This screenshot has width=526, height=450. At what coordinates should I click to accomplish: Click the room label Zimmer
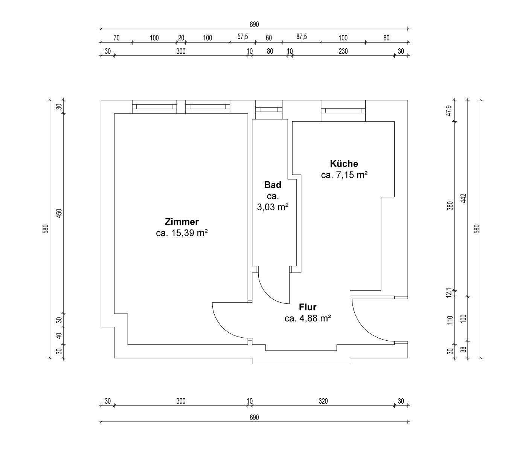181,222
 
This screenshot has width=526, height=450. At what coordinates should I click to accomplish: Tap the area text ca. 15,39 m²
182,233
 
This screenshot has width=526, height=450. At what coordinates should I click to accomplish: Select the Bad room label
273,185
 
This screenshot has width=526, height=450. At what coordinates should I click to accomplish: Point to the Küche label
344,164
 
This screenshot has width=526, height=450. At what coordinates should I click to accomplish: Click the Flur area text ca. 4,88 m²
308,318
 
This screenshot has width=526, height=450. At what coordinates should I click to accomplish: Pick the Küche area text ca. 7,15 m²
344,175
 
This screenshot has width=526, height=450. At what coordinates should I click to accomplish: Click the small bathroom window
269,110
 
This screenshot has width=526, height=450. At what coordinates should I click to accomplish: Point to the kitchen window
343,110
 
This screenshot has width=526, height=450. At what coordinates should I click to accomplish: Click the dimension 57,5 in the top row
242,37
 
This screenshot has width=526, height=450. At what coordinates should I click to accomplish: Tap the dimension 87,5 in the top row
301,37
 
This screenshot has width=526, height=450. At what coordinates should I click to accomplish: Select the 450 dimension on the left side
59,213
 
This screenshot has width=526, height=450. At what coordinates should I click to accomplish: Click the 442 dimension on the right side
463,198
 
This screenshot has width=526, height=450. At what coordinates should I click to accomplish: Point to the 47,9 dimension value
450,110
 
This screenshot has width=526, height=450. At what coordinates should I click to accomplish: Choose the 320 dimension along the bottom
323,401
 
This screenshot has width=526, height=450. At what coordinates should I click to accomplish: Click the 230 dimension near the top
343,51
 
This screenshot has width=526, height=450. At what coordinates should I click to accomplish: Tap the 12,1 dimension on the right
450,292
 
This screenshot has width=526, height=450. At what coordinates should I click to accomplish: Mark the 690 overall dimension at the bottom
254,418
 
